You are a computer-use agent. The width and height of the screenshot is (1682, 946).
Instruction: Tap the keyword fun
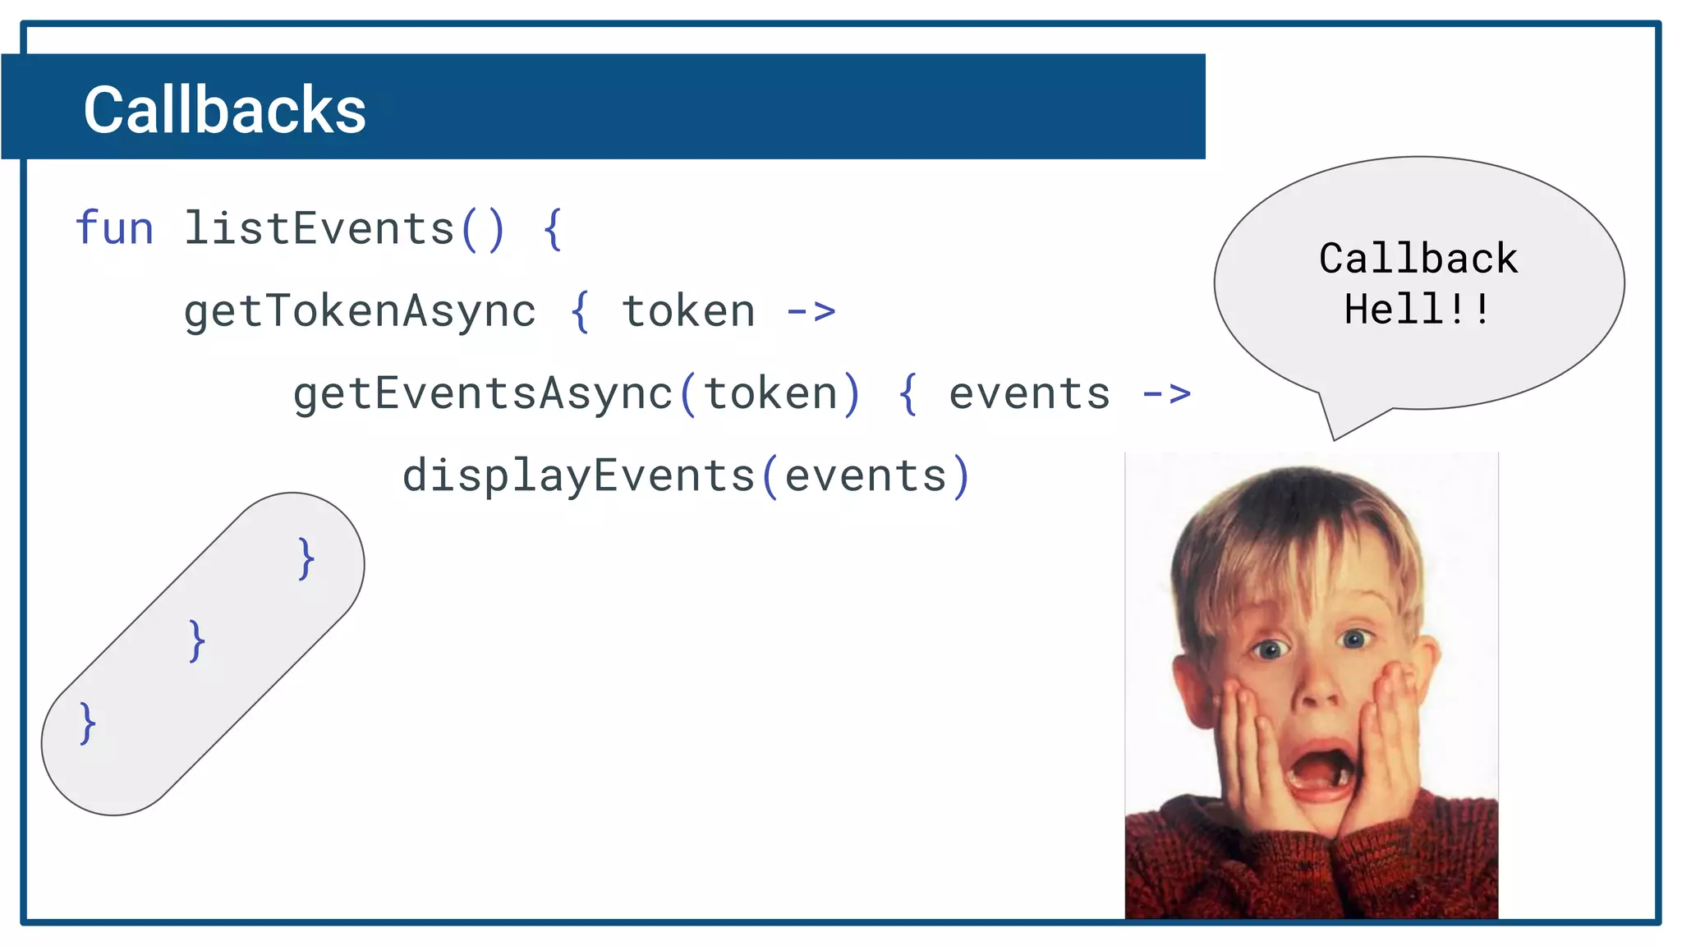click(x=114, y=228)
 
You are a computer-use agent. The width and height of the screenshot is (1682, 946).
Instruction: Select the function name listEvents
click(x=319, y=228)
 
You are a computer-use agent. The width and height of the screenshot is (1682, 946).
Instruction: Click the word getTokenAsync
click(x=360, y=312)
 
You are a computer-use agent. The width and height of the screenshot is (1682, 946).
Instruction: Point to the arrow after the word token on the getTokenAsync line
click(x=811, y=311)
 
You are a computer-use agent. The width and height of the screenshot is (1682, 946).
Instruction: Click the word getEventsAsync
click(x=483, y=394)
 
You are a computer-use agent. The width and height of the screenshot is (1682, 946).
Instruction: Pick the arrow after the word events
click(x=1166, y=394)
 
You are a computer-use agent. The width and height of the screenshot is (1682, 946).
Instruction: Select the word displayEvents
click(x=578, y=476)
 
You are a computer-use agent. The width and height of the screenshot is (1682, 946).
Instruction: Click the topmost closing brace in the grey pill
click(x=306, y=559)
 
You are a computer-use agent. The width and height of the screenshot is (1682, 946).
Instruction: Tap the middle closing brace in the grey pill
click(x=196, y=641)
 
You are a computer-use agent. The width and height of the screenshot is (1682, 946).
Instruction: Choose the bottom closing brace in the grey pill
click(x=87, y=723)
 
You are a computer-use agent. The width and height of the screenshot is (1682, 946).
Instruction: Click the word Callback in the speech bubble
click(x=1418, y=259)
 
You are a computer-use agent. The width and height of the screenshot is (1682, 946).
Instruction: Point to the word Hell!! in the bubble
click(x=1417, y=310)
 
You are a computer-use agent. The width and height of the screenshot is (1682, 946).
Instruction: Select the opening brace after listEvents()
click(x=553, y=229)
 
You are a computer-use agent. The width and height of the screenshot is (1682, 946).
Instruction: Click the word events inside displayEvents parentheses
click(x=866, y=476)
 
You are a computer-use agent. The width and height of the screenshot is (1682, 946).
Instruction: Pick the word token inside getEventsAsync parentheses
click(x=770, y=394)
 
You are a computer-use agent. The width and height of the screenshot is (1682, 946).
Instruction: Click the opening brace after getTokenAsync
click(x=580, y=312)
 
